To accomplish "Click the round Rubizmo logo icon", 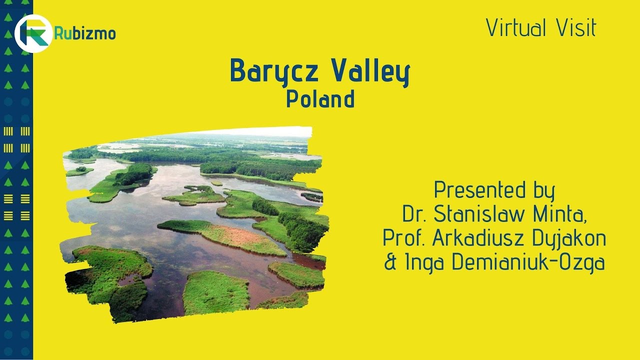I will [33, 33].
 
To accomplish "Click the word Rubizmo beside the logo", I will [85, 34].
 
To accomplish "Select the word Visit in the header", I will [575, 28].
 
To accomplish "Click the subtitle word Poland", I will [320, 99].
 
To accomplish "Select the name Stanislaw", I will [477, 214].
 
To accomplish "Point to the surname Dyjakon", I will [576, 239].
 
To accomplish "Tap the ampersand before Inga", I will [390, 263].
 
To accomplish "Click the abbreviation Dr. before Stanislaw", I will [414, 214].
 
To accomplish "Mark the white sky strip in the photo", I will [260, 132].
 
